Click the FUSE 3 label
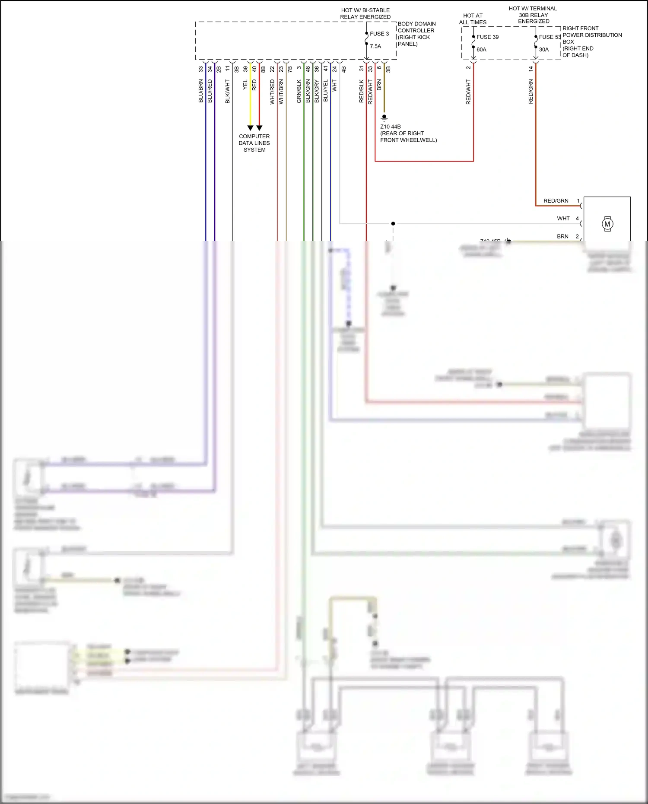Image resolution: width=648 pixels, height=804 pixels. point(379,34)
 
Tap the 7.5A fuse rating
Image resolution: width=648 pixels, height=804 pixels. point(375,46)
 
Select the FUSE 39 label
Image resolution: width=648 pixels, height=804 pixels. point(487,37)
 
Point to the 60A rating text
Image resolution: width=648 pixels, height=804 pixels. point(481,50)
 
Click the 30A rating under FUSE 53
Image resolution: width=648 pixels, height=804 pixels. point(543,50)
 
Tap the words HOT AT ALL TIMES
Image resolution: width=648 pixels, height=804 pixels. point(473,19)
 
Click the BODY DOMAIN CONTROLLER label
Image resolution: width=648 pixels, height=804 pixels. point(416,34)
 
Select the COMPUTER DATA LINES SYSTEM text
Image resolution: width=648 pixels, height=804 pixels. point(254,143)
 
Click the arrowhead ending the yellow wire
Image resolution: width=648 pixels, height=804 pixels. point(250,128)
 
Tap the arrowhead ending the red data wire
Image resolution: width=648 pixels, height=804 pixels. point(259,128)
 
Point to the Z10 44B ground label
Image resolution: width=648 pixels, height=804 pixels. point(390,127)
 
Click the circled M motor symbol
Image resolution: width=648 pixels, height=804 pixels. point(607,224)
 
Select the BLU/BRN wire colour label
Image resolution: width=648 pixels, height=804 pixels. point(201,91)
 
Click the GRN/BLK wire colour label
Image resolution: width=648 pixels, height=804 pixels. point(299,91)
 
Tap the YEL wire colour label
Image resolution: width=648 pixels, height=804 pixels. point(245,85)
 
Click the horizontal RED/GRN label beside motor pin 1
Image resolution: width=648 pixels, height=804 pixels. point(556,201)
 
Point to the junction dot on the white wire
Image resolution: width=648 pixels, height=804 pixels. point(393,223)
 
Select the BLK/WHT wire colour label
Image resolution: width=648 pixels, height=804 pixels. point(228,91)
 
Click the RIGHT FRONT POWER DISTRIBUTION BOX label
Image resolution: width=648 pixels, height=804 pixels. point(591,41)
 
